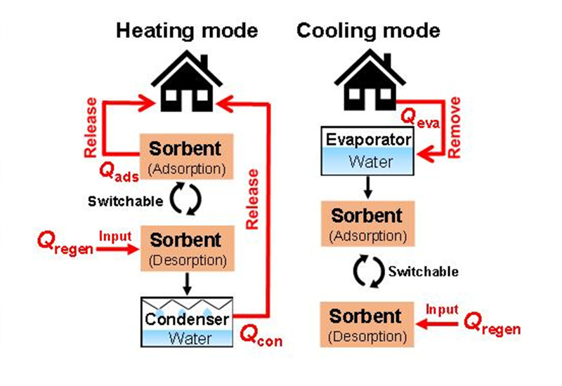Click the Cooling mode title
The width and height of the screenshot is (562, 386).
[368, 31]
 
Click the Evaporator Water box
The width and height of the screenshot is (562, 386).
[367, 150]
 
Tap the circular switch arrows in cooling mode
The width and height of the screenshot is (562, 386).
[367, 272]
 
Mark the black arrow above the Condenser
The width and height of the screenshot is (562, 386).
[187, 283]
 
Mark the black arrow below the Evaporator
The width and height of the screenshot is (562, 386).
[367, 187]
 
